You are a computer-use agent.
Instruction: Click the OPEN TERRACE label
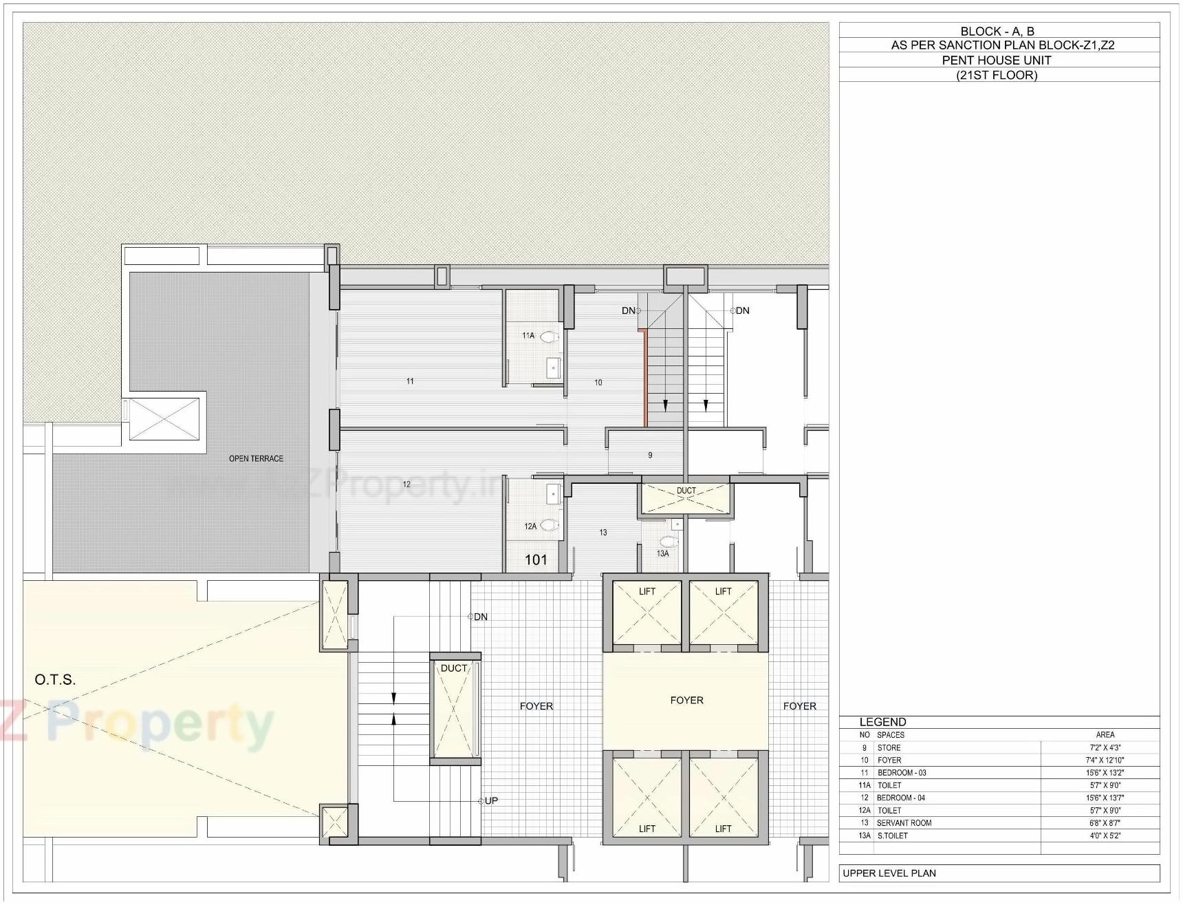pyautogui.click(x=256, y=458)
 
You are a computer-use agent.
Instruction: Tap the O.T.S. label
pyautogui.click(x=55, y=680)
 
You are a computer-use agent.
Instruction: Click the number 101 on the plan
pyautogui.click(x=536, y=560)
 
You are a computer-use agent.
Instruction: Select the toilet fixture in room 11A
pyautogui.click(x=549, y=337)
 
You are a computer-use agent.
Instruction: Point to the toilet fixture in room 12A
pyautogui.click(x=549, y=525)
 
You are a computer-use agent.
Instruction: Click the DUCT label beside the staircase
pyautogui.click(x=454, y=668)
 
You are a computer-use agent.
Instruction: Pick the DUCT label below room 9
pyautogui.click(x=686, y=491)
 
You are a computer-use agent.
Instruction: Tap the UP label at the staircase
pyautogui.click(x=491, y=800)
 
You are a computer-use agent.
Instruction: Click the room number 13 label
pyautogui.click(x=603, y=532)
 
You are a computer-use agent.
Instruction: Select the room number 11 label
pyautogui.click(x=410, y=381)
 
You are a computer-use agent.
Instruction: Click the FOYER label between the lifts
pyautogui.click(x=686, y=700)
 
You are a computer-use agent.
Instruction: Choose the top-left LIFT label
pyautogui.click(x=647, y=591)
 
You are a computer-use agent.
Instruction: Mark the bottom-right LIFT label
pyautogui.click(x=723, y=829)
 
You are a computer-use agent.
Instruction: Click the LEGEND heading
pyautogui.click(x=882, y=722)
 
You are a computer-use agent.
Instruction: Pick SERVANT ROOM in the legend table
pyautogui.click(x=904, y=823)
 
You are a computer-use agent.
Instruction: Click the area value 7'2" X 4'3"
pyautogui.click(x=1105, y=747)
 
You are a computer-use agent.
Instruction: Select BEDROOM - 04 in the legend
pyautogui.click(x=900, y=798)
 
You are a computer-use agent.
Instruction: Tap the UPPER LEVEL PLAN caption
pyautogui.click(x=889, y=873)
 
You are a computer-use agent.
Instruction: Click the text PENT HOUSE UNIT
pyautogui.click(x=996, y=60)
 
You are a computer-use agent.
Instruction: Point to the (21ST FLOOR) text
pyautogui.click(x=996, y=75)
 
